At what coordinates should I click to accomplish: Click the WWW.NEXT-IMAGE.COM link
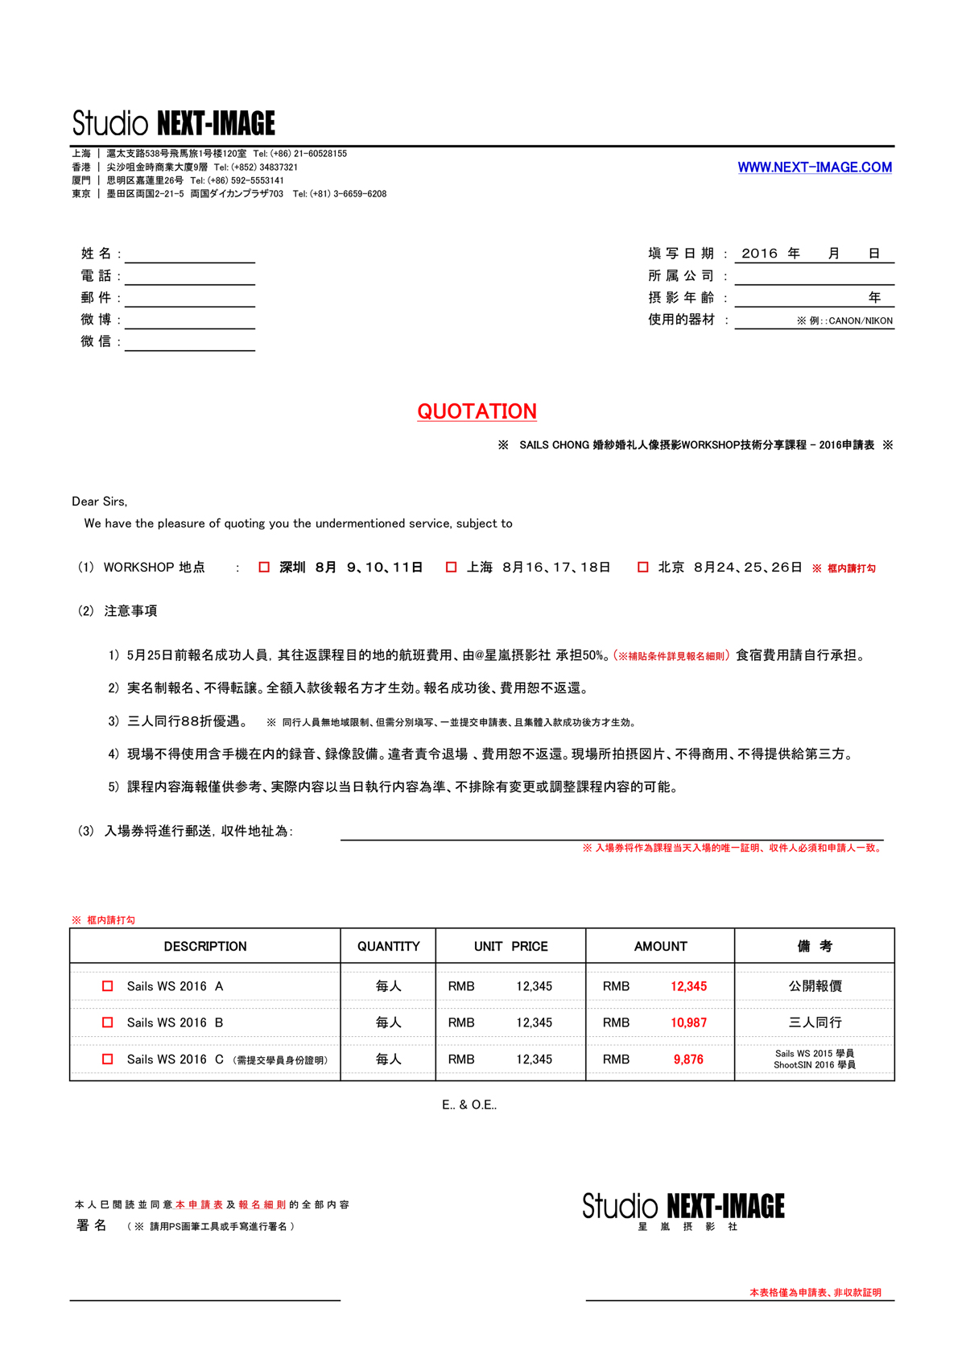[x=815, y=167]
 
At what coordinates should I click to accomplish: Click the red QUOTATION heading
[x=477, y=411]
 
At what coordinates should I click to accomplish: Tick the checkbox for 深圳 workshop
[x=264, y=568]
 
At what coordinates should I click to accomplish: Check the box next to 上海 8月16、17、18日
[x=452, y=568]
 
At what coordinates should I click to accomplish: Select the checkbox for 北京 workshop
[x=643, y=568]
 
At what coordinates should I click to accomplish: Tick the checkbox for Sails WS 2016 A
[x=108, y=986]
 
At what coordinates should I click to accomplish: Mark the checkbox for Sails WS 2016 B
[x=108, y=1022]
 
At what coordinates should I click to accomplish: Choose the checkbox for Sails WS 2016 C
[x=108, y=1059]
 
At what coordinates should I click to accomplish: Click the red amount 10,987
[x=688, y=1022]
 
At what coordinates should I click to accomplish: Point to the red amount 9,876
[x=688, y=1059]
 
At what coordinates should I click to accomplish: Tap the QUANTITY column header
[x=388, y=947]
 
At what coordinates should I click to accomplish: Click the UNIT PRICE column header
[x=510, y=947]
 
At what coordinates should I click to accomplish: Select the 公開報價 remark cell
[x=815, y=986]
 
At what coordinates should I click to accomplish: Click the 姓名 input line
[x=190, y=255]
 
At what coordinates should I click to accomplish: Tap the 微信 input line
[x=190, y=343]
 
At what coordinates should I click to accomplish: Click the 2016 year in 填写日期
[x=759, y=254]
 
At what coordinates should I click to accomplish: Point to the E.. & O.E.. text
[x=469, y=1105]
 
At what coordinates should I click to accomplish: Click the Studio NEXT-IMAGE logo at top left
[x=174, y=123]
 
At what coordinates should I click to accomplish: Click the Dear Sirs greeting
[x=99, y=502]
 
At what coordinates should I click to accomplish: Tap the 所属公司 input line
[x=814, y=277]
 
